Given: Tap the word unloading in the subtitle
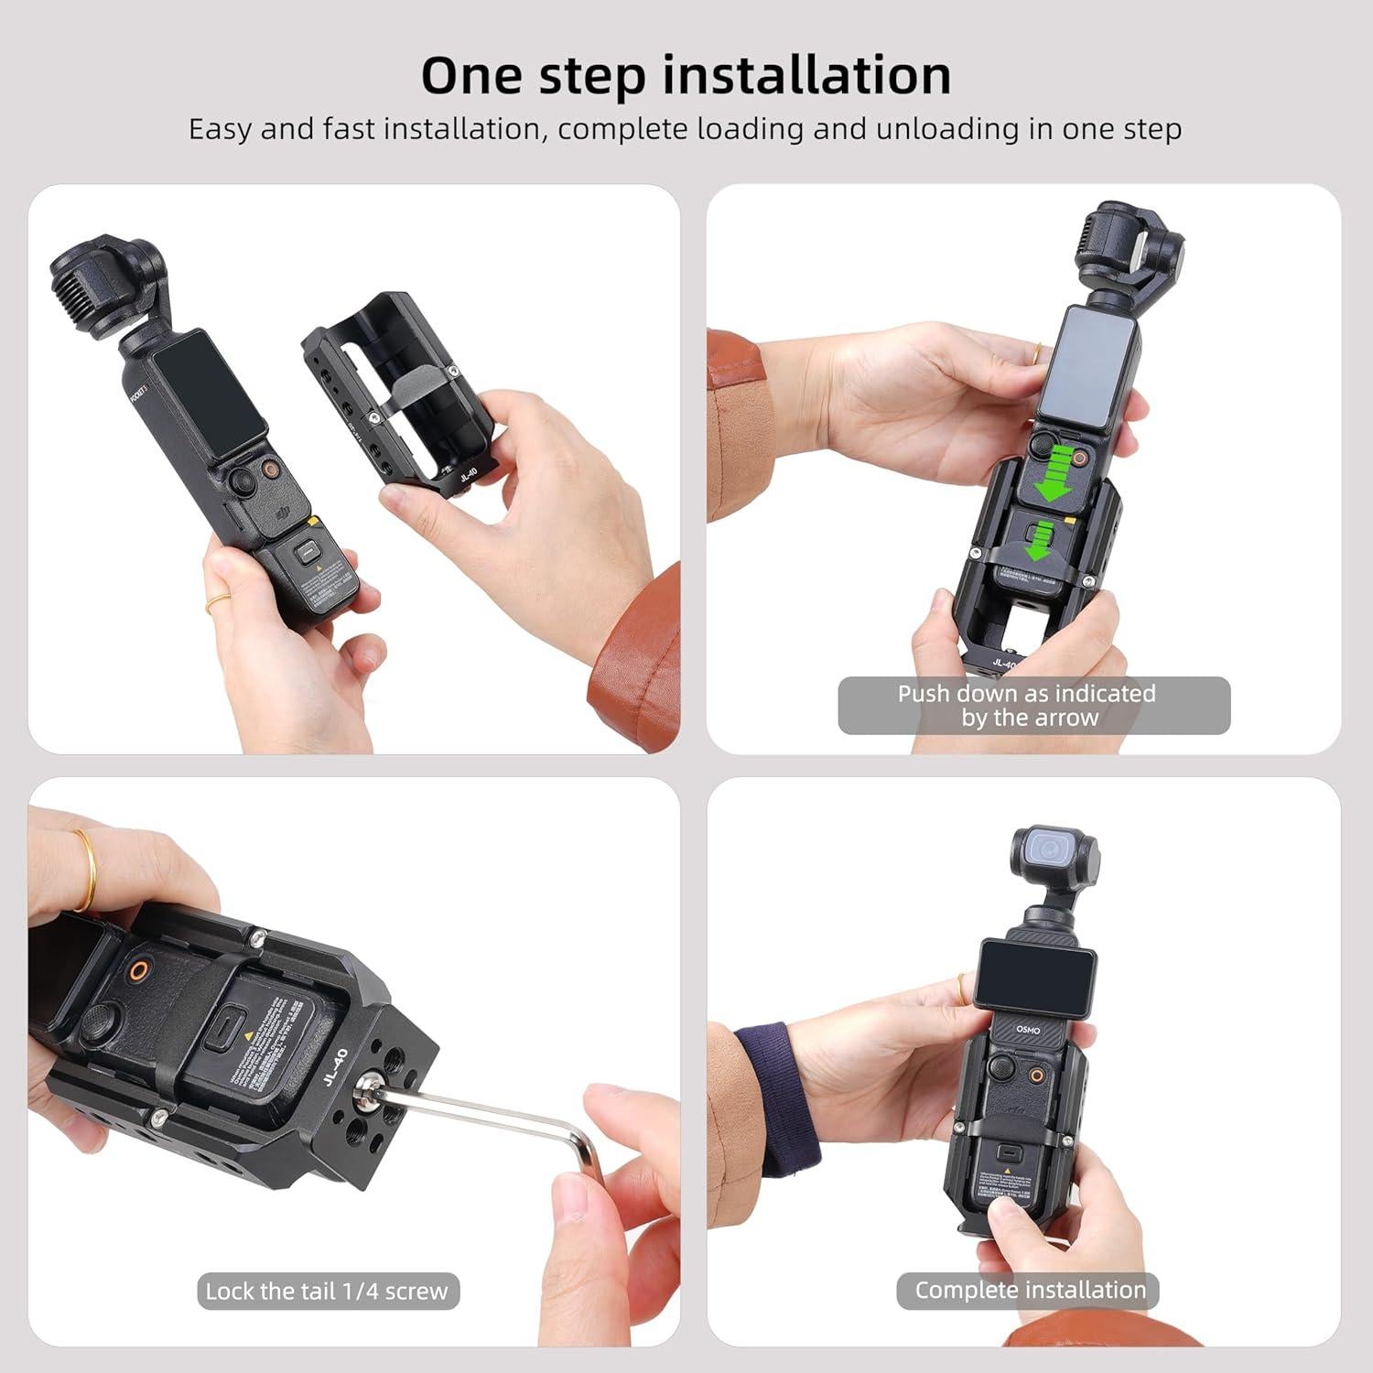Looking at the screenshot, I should coord(946,129).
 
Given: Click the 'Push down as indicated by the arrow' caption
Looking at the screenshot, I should coord(1033,706).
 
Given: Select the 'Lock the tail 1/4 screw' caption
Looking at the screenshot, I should coord(327,1292).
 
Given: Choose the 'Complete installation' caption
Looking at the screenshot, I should coord(1030,1290).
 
